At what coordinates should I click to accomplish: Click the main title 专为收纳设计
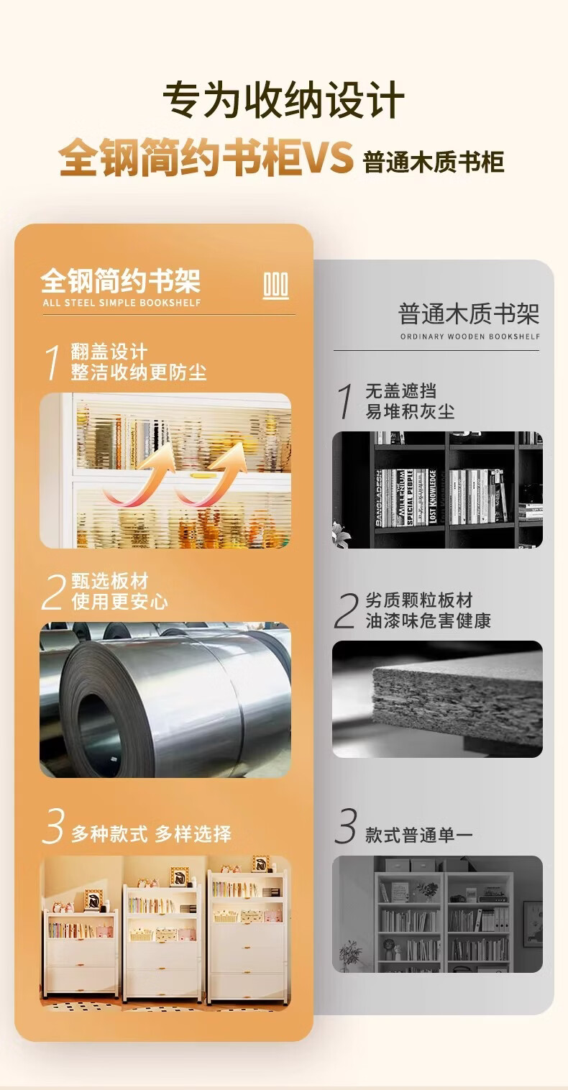(x=283, y=100)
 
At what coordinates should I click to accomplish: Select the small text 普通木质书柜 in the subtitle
(x=433, y=162)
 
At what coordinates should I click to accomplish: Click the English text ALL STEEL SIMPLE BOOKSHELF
(x=122, y=303)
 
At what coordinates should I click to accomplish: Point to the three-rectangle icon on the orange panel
(x=276, y=285)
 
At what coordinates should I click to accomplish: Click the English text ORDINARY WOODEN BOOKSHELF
(x=470, y=336)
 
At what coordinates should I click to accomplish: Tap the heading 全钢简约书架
(x=121, y=281)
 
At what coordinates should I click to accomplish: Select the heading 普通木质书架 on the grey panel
(x=469, y=314)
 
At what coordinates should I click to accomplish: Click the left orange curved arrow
(x=139, y=476)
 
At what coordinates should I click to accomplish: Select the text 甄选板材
(x=110, y=581)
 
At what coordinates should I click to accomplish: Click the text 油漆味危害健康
(x=429, y=621)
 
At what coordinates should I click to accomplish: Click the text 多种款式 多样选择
(x=151, y=834)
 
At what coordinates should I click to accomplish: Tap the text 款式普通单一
(x=419, y=835)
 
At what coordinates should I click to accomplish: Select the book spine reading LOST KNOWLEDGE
(x=433, y=497)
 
